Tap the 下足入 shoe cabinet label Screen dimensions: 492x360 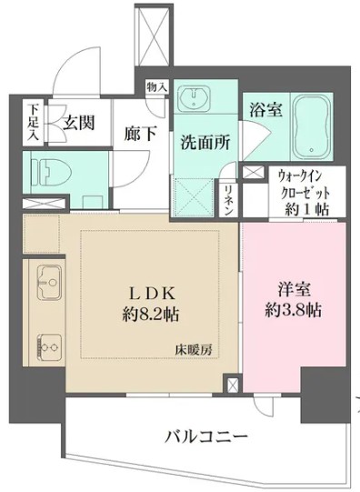[x=33, y=121]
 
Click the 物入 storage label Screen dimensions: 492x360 [x=156, y=87]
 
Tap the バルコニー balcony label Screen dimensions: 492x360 [x=205, y=437]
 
